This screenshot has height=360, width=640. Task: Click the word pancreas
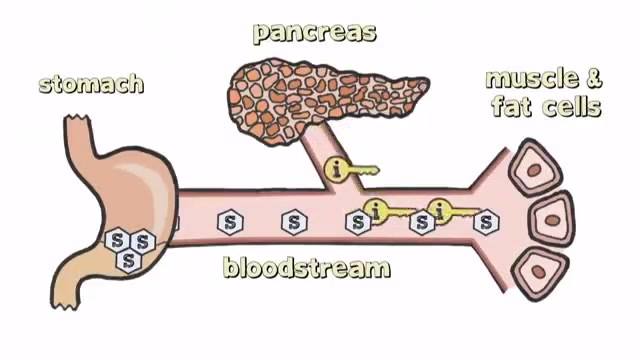pyautogui.click(x=314, y=33)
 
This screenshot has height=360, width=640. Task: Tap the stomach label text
pyautogui.click(x=91, y=84)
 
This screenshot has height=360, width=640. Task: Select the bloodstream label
pyautogui.click(x=307, y=268)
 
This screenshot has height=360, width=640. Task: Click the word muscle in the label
pyautogui.click(x=532, y=79)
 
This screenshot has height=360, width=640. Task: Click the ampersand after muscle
pyautogui.click(x=594, y=79)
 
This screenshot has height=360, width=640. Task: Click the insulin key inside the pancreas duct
pyautogui.click(x=351, y=169)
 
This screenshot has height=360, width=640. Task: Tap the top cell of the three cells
pyautogui.click(x=535, y=168)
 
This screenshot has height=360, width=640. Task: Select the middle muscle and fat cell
pyautogui.click(x=551, y=219)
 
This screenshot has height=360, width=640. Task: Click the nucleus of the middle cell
pyautogui.click(x=553, y=220)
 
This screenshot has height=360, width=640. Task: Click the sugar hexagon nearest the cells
pyautogui.click(x=486, y=222)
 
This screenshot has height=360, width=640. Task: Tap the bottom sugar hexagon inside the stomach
pyautogui.click(x=129, y=260)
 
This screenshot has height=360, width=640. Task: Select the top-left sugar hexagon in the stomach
pyautogui.click(x=118, y=240)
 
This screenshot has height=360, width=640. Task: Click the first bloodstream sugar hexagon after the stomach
pyautogui.click(x=230, y=222)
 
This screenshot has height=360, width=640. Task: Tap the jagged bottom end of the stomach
pyautogui.click(x=64, y=304)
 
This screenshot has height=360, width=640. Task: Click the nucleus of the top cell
pyautogui.click(x=534, y=170)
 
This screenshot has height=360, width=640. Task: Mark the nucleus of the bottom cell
pyautogui.click(x=538, y=272)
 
